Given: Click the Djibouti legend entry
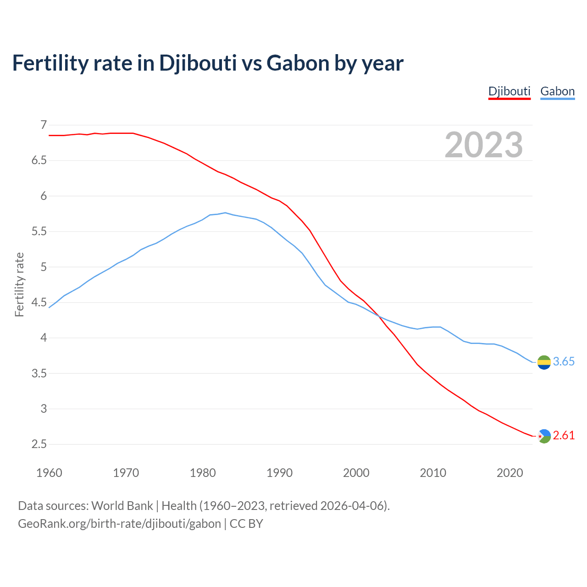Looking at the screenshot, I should (509, 91).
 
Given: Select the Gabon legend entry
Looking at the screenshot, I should (557, 91).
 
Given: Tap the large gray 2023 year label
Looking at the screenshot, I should (484, 145).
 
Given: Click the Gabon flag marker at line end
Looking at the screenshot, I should (544, 362).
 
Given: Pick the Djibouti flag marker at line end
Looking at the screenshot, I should (544, 436).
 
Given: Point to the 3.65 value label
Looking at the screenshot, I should (564, 361).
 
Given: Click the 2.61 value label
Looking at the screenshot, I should (564, 435).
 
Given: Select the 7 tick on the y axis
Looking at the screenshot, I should (44, 125).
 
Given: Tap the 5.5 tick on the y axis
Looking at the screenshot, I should (39, 231).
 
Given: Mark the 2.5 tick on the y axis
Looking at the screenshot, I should (39, 444).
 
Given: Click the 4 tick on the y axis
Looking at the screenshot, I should (44, 338).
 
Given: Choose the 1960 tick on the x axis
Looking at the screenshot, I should (49, 472).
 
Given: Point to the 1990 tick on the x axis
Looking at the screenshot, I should (279, 472).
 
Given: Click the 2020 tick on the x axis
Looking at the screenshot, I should (509, 472).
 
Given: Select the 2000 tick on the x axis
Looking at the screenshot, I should (356, 472).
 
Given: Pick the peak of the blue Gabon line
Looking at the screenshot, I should (225, 213).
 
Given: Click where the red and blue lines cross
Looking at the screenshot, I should (378, 316).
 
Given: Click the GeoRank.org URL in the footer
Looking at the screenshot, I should (119, 523).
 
